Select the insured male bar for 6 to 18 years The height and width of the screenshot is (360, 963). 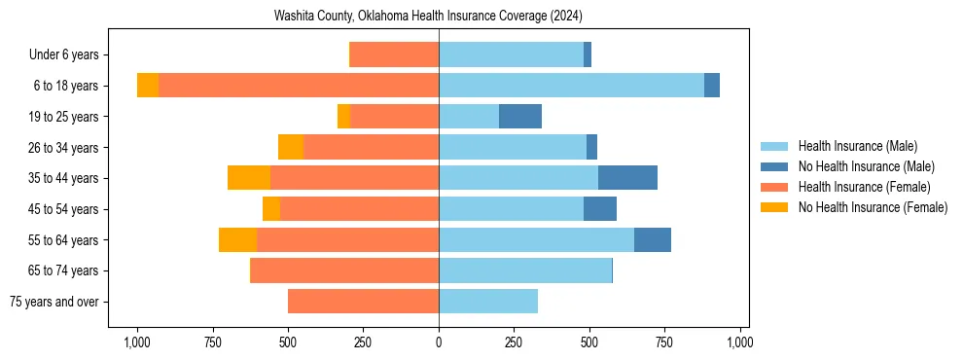[571, 86]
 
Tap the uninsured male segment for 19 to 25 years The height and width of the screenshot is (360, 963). [520, 117]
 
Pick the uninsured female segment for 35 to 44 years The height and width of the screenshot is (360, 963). [249, 178]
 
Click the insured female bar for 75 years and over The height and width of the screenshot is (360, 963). [363, 302]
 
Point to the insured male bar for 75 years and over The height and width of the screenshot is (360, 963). [488, 302]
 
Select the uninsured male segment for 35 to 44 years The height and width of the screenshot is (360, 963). [627, 178]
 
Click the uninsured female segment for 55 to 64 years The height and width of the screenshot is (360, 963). [237, 239]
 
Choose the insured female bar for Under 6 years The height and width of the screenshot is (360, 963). [394, 55]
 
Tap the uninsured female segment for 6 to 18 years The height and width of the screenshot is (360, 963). [148, 86]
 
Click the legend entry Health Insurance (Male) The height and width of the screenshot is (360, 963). [857, 146]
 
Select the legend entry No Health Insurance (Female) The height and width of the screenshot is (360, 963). [872, 207]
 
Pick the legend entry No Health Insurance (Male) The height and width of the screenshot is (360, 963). [865, 166]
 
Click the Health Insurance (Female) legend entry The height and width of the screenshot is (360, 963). [864, 187]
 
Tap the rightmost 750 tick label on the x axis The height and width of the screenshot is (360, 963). [664, 342]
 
